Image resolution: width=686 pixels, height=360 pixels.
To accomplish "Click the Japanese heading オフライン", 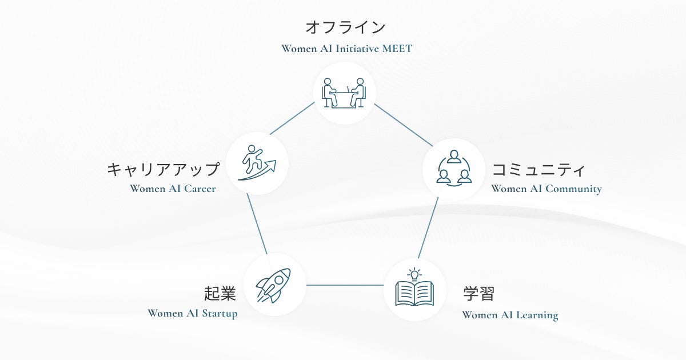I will click(345, 27).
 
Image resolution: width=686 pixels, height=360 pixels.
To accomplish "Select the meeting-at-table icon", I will click(344, 93).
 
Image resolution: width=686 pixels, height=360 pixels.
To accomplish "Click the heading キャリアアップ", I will click(163, 169).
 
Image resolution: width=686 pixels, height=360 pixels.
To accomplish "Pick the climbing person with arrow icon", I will click(257, 163).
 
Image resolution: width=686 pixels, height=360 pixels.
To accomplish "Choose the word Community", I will click(573, 189).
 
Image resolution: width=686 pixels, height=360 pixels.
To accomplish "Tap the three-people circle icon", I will click(453, 169).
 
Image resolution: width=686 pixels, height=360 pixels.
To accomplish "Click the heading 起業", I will click(220, 294).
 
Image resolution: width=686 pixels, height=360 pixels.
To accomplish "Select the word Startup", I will click(220, 313).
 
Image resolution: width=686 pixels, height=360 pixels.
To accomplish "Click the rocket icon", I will click(273, 285).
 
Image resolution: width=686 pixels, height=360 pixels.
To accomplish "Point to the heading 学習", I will click(478, 294).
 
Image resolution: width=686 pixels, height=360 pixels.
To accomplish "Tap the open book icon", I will click(414, 294).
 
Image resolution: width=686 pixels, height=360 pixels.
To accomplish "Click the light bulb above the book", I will click(414, 273).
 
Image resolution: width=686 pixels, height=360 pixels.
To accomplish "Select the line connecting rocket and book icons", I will click(344, 285).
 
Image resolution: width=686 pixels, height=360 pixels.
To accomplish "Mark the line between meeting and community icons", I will click(403, 124).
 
